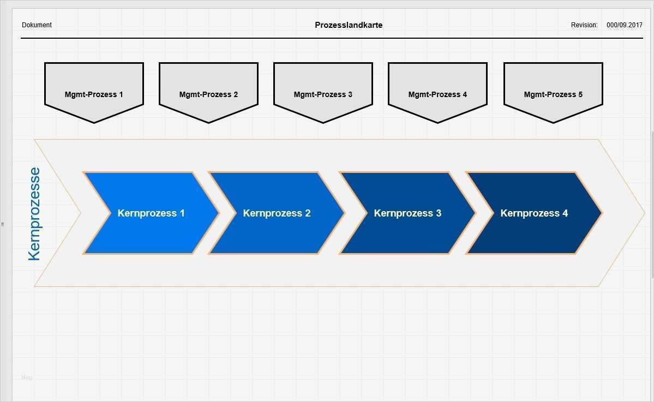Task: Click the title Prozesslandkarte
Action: (x=349, y=25)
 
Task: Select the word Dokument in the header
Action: (x=37, y=25)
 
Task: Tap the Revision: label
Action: (x=584, y=25)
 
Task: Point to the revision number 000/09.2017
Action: (x=625, y=25)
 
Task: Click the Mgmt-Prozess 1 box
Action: (x=94, y=91)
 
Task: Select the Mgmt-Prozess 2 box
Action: (x=208, y=91)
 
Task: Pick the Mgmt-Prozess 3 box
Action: (x=323, y=91)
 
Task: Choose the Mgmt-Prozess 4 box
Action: (x=437, y=91)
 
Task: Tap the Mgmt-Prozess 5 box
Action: (x=553, y=91)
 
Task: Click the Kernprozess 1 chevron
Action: (x=151, y=213)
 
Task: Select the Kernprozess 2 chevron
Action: (x=277, y=213)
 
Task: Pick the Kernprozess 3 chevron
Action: (x=407, y=213)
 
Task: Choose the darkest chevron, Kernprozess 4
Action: (x=534, y=213)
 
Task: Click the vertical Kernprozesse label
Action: (x=34, y=214)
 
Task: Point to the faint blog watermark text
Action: (x=27, y=377)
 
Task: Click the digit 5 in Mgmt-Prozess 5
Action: (x=580, y=94)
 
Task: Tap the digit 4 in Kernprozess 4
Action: (x=565, y=213)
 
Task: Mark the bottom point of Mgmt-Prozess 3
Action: (x=323, y=122)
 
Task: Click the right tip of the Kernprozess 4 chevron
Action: (x=601, y=213)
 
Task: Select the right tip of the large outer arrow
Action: (x=644, y=213)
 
